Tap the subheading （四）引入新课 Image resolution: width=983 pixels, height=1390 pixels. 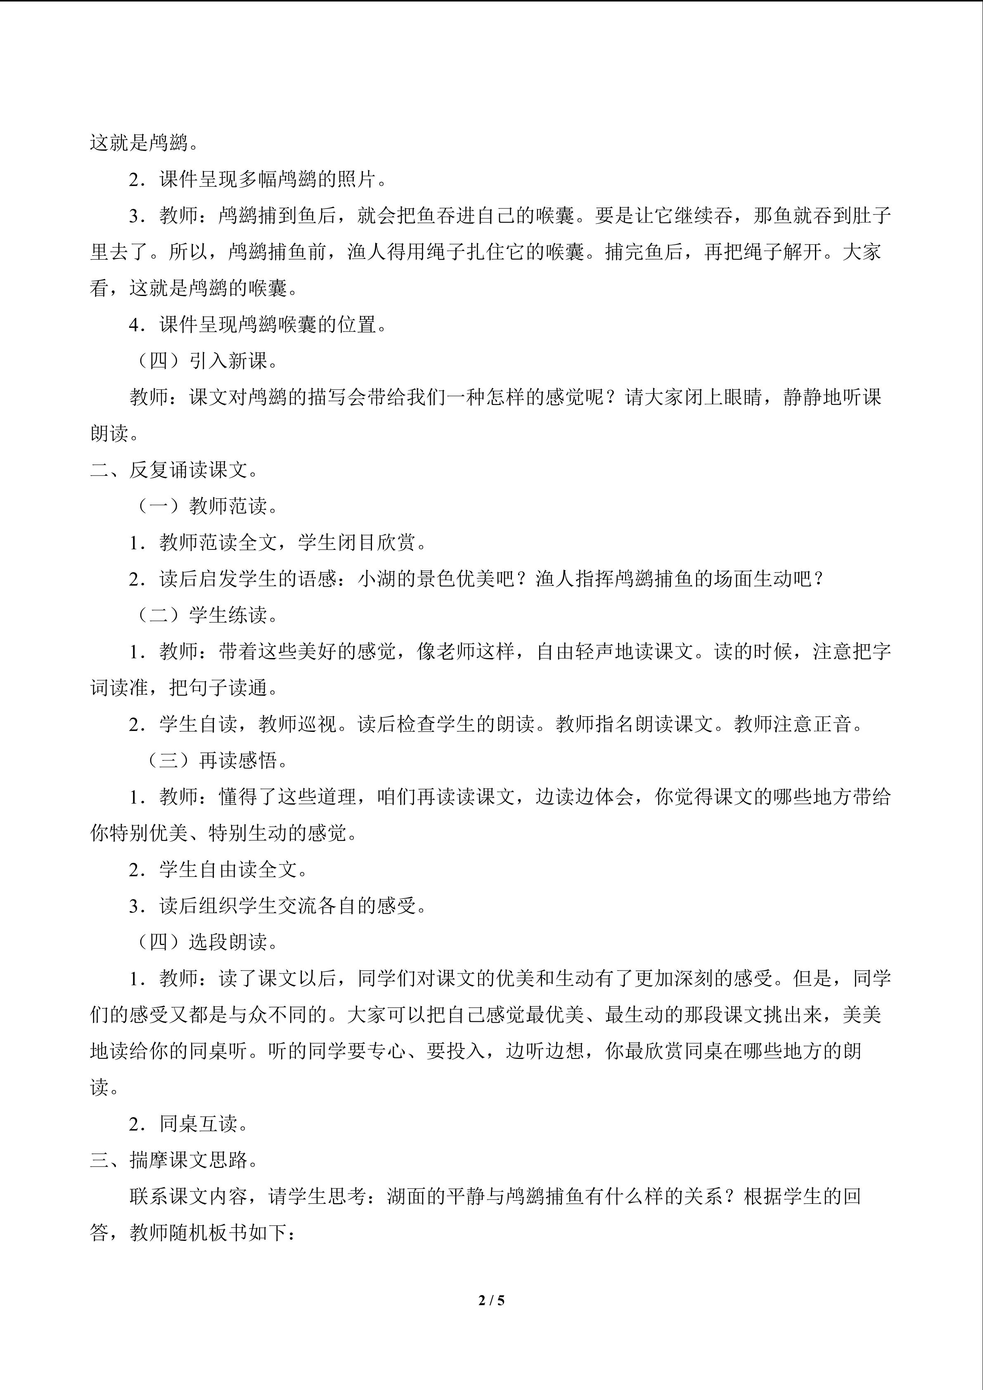click(x=206, y=361)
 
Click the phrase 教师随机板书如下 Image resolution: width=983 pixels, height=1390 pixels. click(x=212, y=1233)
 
